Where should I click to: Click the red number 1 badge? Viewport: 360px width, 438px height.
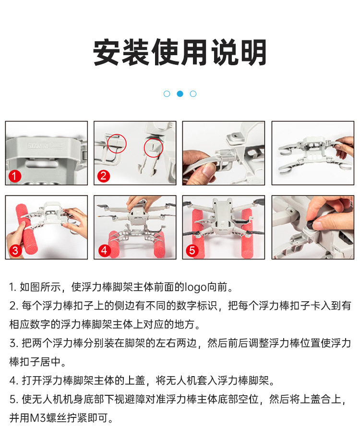15,176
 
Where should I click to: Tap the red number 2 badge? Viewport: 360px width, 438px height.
103,176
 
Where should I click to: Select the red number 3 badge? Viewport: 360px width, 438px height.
15,250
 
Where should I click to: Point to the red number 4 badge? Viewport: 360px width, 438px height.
104,250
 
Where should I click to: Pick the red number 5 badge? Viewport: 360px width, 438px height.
192,250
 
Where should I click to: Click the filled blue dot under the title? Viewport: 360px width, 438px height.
180,94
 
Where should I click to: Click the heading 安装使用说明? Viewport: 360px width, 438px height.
180,52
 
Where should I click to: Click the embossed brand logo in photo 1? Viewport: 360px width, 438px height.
45,146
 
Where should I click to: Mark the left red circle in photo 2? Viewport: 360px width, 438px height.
117,143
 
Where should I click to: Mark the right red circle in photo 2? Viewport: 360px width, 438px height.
154,148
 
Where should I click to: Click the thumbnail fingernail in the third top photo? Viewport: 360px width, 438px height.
208,170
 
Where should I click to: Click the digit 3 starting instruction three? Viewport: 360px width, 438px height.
12,343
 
